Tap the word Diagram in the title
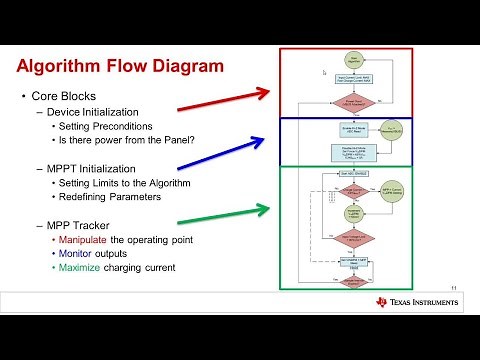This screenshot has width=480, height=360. (x=185, y=68)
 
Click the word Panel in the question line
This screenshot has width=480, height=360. (x=180, y=140)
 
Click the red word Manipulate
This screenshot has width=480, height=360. (x=86, y=240)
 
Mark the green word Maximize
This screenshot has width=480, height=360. (x=81, y=268)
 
